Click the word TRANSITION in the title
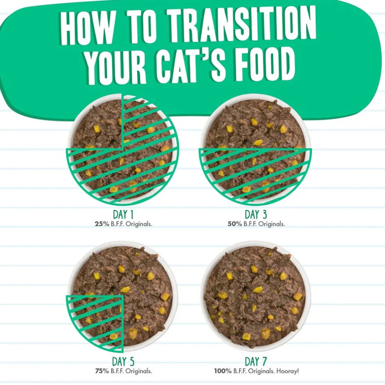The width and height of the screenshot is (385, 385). pos(242,24)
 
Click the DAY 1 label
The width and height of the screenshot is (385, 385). pos(123,214)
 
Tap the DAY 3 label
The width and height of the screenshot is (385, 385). pos(255,214)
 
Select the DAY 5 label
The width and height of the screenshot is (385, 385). pos(123,362)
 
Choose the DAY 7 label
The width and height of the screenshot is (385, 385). pos(255,362)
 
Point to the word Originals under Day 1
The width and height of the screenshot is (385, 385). pos(139,224)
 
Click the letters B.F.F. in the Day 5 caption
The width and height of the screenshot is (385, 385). pos(117,371)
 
